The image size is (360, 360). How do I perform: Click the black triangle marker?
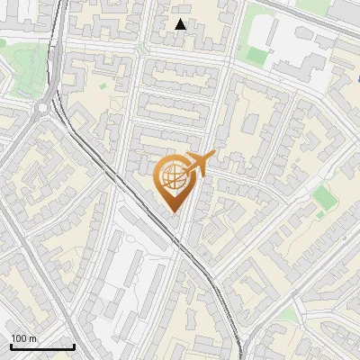[x=181, y=24]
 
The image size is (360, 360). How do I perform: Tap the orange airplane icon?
[x=197, y=164]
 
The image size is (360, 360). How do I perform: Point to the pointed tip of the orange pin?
[x=174, y=213]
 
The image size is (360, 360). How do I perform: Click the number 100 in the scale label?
[x=17, y=338]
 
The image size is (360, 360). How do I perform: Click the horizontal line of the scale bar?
[x=41, y=346]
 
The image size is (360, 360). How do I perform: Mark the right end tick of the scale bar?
[x=74, y=345]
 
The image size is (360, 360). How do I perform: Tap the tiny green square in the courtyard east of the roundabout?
[x=103, y=86]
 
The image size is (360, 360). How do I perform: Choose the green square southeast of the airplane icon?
[x=322, y=196]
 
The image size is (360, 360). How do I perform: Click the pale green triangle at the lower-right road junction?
[x=286, y=314]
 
